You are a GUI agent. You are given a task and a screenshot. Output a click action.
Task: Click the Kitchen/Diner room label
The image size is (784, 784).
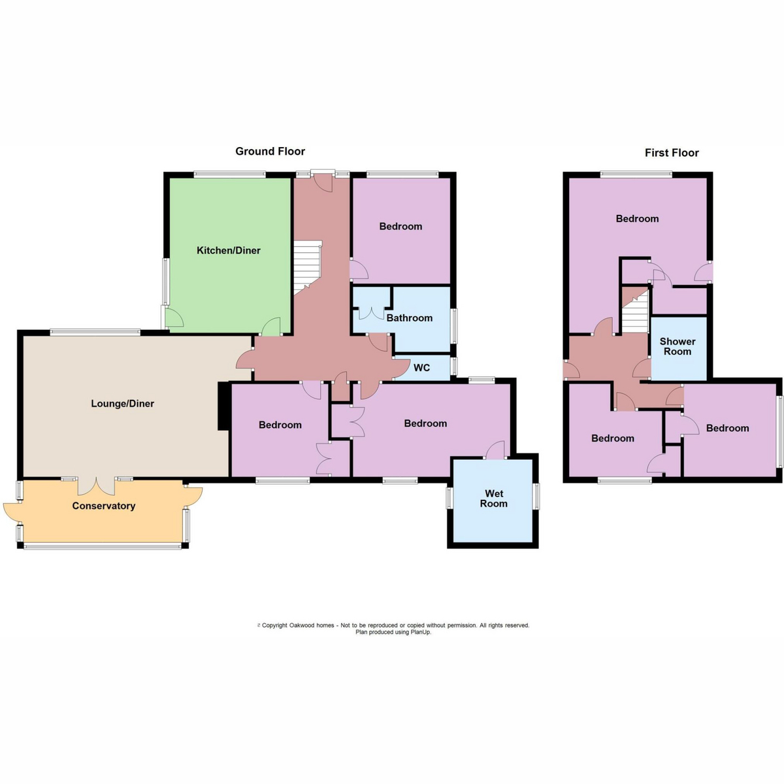tap(228, 250)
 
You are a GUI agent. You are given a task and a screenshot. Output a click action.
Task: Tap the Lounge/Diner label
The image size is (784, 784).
tap(122, 404)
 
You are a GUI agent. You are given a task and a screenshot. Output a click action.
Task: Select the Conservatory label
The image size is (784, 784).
tap(104, 506)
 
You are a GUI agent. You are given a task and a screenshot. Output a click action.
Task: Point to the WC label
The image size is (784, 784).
tap(421, 368)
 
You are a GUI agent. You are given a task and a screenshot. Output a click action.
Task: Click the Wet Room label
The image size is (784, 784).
tap(494, 498)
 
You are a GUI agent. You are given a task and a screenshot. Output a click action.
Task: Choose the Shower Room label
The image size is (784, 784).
tap(678, 346)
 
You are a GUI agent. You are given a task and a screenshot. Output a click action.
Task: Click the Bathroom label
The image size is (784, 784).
tap(409, 318)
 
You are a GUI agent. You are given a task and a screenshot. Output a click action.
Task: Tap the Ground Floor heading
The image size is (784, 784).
tap(270, 152)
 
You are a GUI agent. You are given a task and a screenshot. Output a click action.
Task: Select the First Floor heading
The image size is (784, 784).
tap(672, 153)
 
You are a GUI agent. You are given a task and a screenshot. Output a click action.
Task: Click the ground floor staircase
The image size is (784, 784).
tap(308, 267)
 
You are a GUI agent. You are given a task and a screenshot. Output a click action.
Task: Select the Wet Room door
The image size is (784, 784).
tap(495, 450)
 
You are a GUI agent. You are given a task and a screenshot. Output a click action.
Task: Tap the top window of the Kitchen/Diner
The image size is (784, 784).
tap(229, 174)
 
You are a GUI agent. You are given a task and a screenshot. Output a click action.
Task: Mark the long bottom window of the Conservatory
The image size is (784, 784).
tap(103, 546)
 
